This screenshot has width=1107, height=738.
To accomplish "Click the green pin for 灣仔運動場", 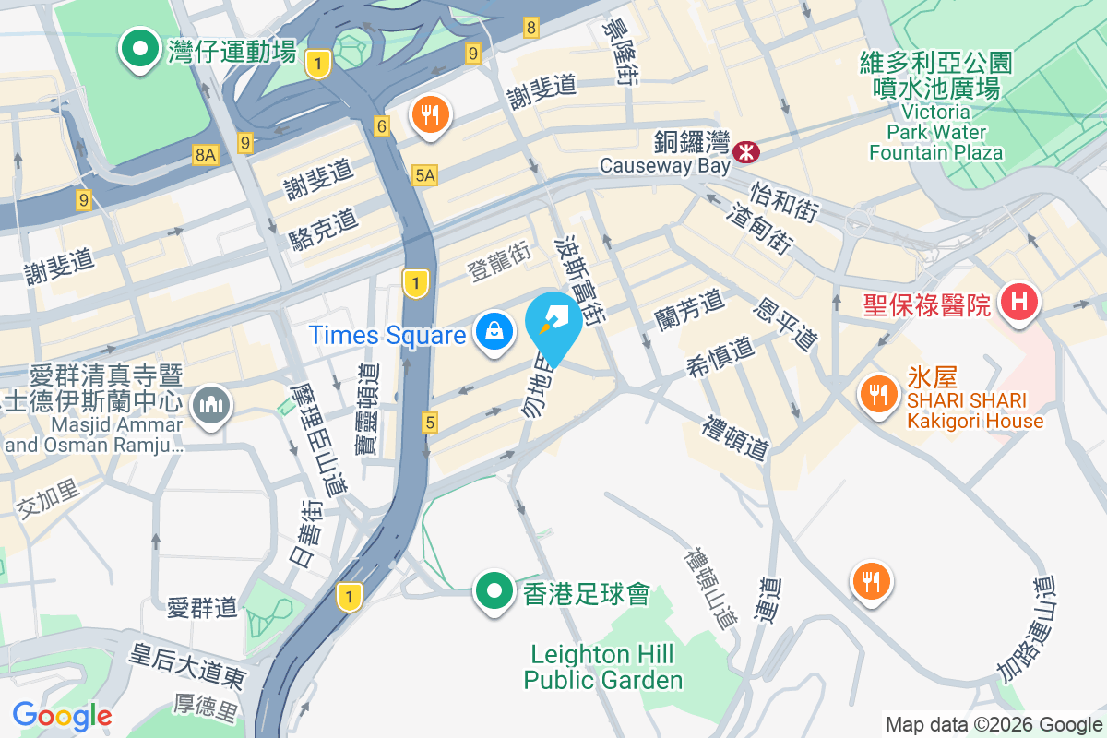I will pyautogui.click(x=140, y=50).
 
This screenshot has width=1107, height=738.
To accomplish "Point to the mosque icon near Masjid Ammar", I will pyautogui.click(x=211, y=405).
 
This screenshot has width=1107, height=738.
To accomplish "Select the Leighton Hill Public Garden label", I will pyautogui.click(x=603, y=668).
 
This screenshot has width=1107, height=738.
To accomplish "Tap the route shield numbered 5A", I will pyautogui.click(x=424, y=174).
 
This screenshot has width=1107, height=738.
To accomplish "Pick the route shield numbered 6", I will pyautogui.click(x=382, y=125).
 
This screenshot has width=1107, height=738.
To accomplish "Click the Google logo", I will pyautogui.click(x=62, y=715).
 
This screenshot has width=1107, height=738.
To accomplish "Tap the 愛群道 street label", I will pyautogui.click(x=202, y=607).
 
